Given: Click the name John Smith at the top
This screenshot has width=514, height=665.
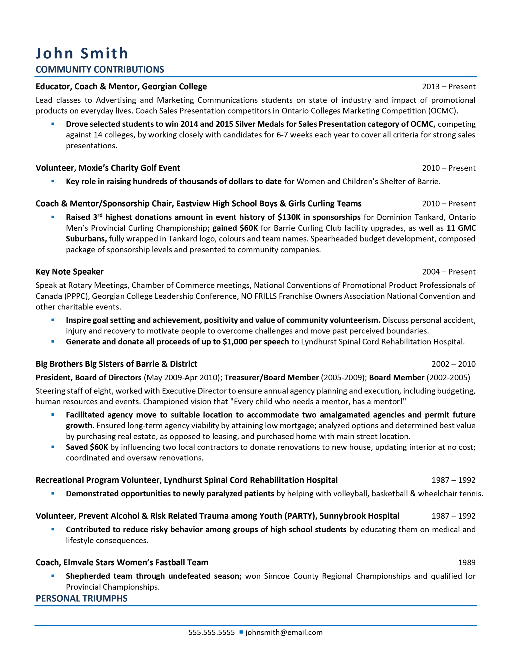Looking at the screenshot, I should point(82,53).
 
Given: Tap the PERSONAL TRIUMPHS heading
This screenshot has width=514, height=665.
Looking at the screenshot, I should point(81,598).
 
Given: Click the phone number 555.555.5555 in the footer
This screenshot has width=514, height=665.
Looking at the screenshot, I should point(212,633).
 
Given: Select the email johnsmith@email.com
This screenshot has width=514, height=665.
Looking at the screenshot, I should point(284,633).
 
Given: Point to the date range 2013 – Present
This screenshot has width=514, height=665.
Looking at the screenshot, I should point(449,87).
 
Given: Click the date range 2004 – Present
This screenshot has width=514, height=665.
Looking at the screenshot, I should point(449,272).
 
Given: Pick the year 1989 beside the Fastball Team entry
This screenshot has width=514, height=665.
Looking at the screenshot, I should point(466,562).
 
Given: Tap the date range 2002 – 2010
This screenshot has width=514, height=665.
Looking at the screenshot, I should point(453,364).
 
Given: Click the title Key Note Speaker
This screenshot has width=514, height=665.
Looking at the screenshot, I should point(69,272).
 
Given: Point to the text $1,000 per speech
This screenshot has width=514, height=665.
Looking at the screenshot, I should point(256,342).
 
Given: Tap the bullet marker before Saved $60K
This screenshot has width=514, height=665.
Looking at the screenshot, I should point(53,447).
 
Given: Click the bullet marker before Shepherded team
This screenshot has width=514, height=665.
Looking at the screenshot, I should point(53,576).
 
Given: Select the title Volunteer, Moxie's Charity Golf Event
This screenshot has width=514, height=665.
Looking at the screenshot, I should point(108,168).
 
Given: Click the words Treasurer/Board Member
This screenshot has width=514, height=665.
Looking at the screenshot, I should point(272,377).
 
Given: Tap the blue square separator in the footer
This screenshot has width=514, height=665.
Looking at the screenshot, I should point(241,632).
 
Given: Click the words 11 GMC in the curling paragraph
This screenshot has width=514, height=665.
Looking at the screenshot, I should point(461,228).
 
